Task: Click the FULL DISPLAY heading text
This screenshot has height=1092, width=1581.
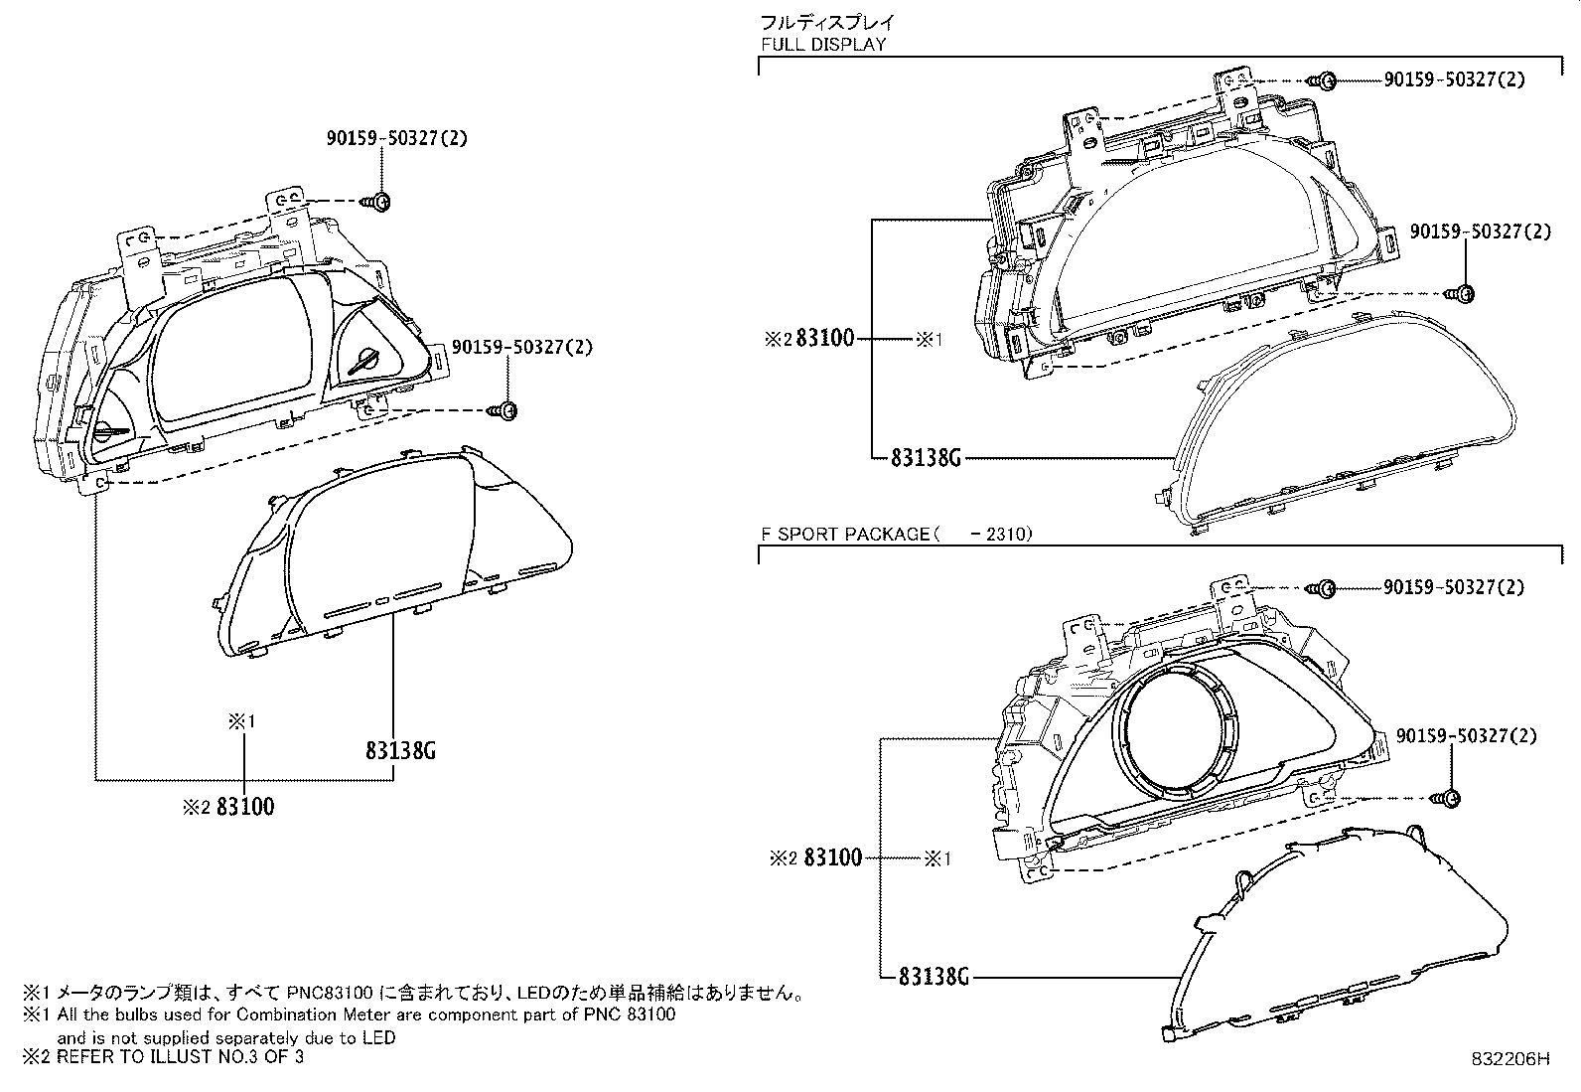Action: (x=823, y=45)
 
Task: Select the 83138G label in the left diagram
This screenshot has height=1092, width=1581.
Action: (x=400, y=750)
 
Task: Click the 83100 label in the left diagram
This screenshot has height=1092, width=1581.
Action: (x=244, y=807)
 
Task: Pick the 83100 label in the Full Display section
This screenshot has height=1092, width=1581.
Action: (x=825, y=339)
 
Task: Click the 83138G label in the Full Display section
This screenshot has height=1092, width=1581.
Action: (x=927, y=458)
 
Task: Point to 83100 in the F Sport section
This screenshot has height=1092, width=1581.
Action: (x=832, y=858)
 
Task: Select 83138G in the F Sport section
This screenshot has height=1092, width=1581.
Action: (x=933, y=977)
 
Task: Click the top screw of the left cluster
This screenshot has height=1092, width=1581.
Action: (x=378, y=202)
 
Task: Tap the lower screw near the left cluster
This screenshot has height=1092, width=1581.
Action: (x=505, y=410)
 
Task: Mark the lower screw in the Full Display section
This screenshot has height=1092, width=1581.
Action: (x=1463, y=293)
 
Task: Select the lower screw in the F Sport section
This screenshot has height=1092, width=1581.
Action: (x=1448, y=797)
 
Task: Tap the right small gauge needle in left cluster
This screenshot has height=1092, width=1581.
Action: (x=366, y=359)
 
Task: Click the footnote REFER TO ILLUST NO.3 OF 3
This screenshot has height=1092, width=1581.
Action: (x=179, y=1057)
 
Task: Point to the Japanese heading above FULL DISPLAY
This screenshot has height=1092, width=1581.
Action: (x=826, y=22)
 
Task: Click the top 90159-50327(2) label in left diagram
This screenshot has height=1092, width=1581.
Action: (x=395, y=138)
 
